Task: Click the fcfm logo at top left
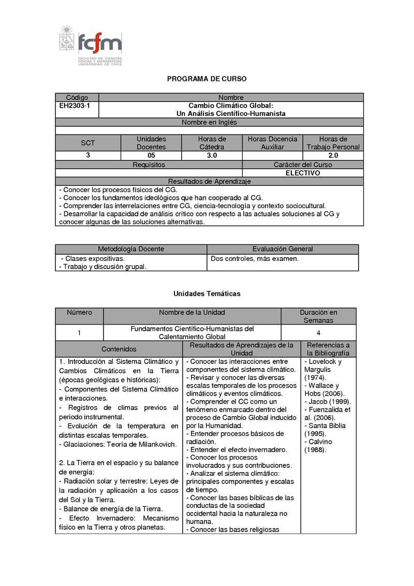point(91,46)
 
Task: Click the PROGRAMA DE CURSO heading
point(206,79)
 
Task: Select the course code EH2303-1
point(75,106)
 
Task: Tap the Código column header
point(77,97)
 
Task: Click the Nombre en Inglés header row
point(209,123)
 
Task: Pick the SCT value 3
point(88,155)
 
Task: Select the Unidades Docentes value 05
point(151,155)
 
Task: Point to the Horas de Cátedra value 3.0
point(212,155)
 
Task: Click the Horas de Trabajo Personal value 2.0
point(333,155)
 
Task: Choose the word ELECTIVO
point(303,173)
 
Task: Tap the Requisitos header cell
point(149,165)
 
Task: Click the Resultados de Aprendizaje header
point(209,181)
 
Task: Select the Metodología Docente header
point(131,249)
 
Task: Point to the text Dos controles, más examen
point(255,258)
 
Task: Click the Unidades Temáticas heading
point(206,294)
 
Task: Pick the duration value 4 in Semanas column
point(318,333)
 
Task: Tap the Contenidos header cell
point(119,349)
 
